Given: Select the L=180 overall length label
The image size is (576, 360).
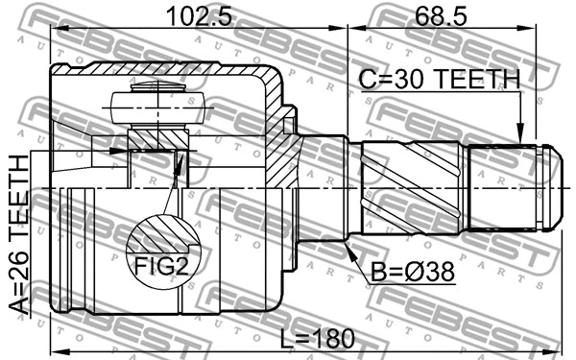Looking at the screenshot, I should tap(312, 338).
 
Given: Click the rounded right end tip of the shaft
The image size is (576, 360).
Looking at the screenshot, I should tap(552, 186).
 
